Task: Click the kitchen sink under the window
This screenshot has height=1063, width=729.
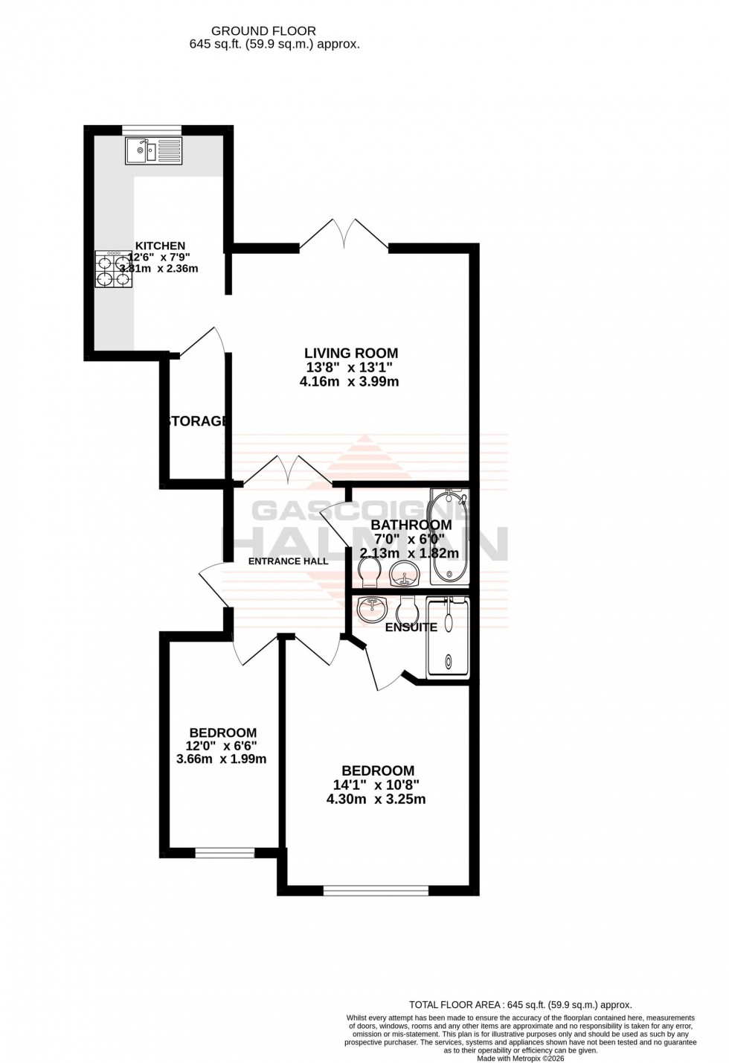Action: tap(153, 151)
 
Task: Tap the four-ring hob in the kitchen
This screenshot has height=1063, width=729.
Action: tap(114, 269)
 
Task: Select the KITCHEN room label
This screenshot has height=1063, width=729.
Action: tap(160, 246)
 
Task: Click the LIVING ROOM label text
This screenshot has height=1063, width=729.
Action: tap(351, 353)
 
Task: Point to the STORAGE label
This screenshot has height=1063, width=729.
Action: tap(198, 421)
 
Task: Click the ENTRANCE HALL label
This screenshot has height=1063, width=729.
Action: tap(288, 561)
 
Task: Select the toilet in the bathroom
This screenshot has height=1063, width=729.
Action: tap(368, 570)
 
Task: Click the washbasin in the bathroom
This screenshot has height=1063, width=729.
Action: tap(404, 575)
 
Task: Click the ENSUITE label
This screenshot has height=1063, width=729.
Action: tap(411, 628)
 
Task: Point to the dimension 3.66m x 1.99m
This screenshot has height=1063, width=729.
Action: tap(221, 759)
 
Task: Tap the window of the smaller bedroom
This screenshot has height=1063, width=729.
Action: tap(224, 850)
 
